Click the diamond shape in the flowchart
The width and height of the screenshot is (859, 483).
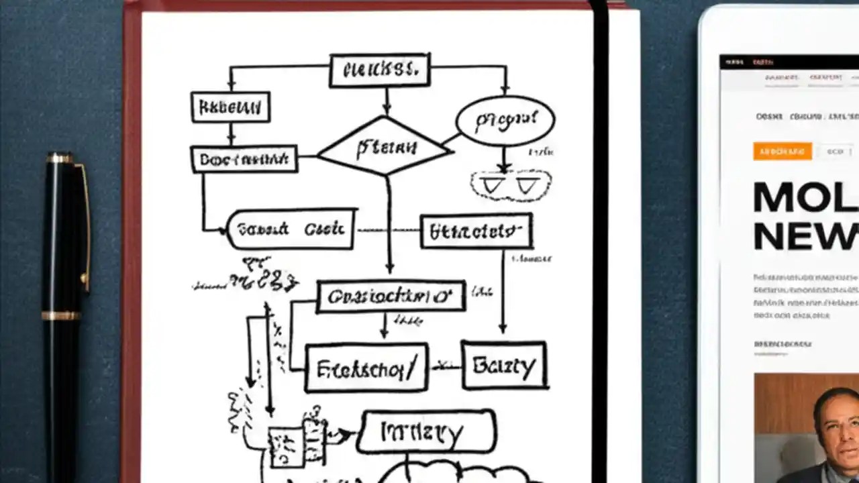pyautogui.click(x=384, y=146)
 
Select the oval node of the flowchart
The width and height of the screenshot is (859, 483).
pyautogui.click(x=505, y=121)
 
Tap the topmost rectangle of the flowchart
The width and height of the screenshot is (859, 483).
pyautogui.click(x=380, y=70)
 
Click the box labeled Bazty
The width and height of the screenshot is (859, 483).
pyautogui.click(x=504, y=365)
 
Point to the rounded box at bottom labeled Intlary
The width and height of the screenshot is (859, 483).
pyautogui.click(x=427, y=432)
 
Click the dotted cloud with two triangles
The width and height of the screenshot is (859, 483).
pyautogui.click(x=511, y=186)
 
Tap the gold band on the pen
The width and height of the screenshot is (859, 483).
pyautogui.click(x=62, y=315)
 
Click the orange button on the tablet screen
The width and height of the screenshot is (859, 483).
pyautogui.click(x=782, y=151)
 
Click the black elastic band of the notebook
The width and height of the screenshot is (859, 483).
pyautogui.click(x=599, y=241)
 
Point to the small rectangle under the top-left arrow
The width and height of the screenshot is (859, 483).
pyautogui.click(x=230, y=107)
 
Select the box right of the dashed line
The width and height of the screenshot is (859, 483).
pyautogui.click(x=476, y=231)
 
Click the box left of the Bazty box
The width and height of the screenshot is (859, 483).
pyautogui.click(x=366, y=367)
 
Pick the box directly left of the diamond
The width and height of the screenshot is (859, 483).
pyautogui.click(x=244, y=159)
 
